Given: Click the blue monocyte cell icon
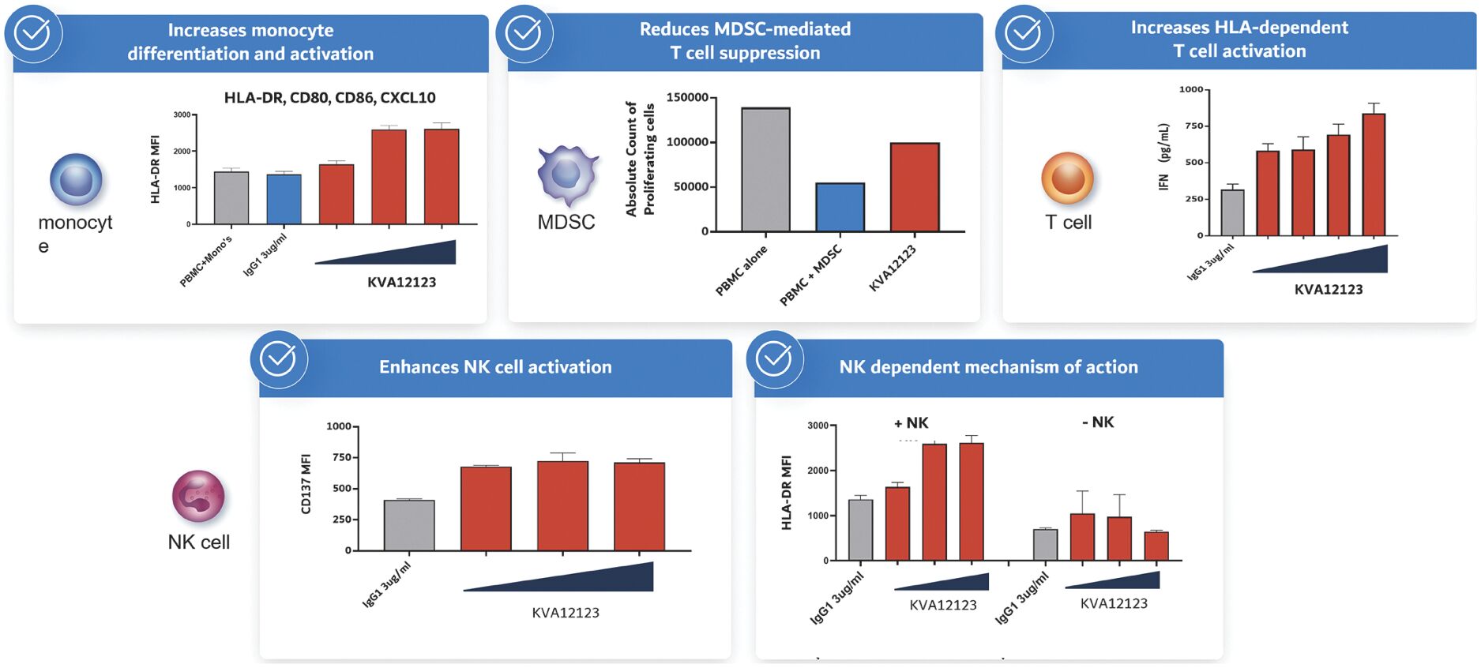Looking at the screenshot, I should coord(76,180).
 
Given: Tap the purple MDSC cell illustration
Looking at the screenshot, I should coord(567,174).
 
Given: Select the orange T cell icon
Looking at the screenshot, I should coord(1067,178).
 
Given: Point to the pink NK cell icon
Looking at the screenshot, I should coord(198,497).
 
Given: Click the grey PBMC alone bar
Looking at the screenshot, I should coord(765,170).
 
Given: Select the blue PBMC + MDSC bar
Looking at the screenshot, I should coord(840,207).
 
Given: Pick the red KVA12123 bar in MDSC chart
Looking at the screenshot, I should coord(915,187).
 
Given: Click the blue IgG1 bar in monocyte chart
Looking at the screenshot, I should coord(284,199).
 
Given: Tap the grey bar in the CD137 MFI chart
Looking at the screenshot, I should coord(408,525).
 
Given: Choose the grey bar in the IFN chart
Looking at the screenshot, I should coord(1232,212).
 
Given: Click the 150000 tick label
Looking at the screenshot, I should coord(687,98).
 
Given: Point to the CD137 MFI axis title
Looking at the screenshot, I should coord(306,484).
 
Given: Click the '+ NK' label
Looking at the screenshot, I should coord(911,423).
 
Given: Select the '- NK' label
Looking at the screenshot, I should coord(1098,422).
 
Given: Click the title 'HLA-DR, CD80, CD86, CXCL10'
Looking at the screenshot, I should coord(329,98).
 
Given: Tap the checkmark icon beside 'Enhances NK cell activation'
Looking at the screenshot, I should coord(278,359).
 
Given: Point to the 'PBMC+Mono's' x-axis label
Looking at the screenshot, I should coord(206,261).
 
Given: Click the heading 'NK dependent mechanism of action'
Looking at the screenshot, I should coord(988,367).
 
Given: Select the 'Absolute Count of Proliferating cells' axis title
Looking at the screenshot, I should coord(640,159).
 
